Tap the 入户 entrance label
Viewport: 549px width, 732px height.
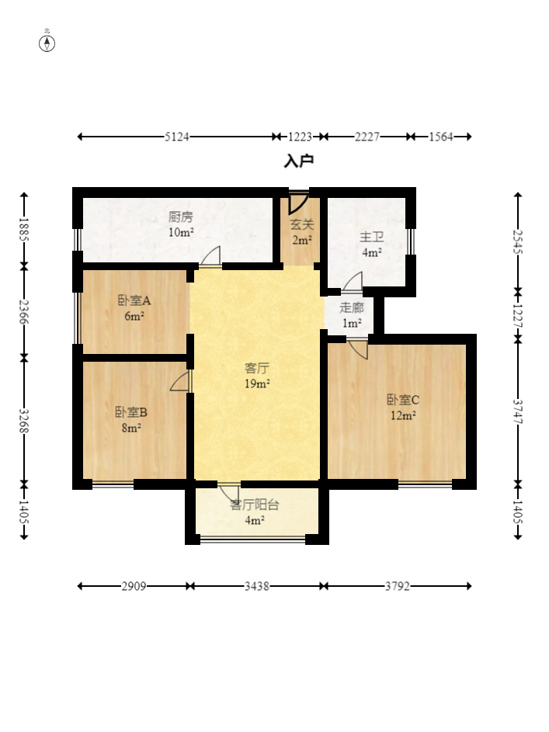click(299, 161)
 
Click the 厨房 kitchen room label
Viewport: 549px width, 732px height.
click(181, 217)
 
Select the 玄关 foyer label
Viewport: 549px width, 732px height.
click(302, 224)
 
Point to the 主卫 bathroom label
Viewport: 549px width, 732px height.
click(372, 238)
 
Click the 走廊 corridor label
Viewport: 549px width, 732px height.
click(351, 307)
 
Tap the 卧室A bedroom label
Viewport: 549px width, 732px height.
click(134, 300)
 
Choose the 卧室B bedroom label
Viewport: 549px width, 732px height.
click(131, 412)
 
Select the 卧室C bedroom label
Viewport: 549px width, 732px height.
click(403, 400)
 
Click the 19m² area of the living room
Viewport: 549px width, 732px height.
click(257, 383)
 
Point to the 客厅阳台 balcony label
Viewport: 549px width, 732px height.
click(255, 505)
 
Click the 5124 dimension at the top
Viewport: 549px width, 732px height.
click(177, 137)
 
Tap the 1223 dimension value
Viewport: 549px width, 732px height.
click(300, 137)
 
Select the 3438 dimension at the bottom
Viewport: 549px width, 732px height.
click(257, 586)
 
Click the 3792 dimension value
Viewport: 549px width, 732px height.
click(398, 586)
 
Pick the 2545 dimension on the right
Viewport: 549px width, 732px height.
click(518, 242)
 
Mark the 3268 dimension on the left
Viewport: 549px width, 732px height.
click(24, 421)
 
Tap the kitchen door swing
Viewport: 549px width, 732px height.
click(211, 257)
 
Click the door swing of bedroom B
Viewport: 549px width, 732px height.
click(181, 381)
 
